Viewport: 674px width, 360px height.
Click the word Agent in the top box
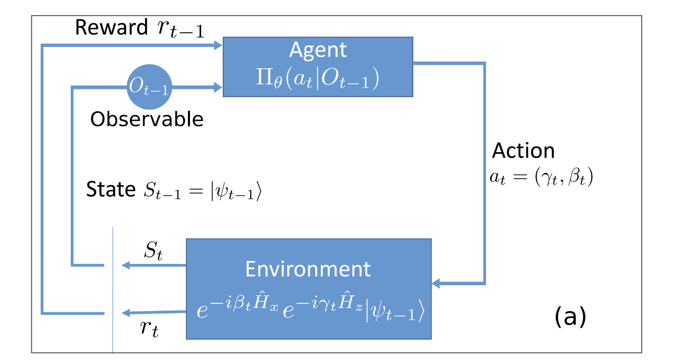tap(318, 50)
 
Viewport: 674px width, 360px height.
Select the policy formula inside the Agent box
tap(317, 78)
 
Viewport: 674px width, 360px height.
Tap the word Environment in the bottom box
tap(308, 269)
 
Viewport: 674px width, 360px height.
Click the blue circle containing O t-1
tap(149, 86)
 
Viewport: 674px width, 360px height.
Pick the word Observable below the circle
tap(147, 119)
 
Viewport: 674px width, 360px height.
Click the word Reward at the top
tap(111, 27)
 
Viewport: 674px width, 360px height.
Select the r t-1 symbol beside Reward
tap(180, 29)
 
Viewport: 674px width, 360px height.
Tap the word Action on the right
tap(523, 151)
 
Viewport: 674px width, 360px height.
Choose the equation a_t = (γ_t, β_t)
tap(541, 177)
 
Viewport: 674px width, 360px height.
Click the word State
tap(111, 189)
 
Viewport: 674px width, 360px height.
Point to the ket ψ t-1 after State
tap(236, 191)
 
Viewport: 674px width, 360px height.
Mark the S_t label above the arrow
tap(153, 250)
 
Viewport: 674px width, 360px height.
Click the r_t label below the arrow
tap(149, 328)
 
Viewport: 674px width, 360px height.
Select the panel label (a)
tap(570, 316)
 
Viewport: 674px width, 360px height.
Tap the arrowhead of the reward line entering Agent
tap(218, 46)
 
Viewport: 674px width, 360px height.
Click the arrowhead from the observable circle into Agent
tap(218, 87)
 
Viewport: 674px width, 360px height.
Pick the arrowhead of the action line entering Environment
tap(436, 283)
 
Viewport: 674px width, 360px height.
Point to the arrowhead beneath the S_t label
tap(126, 265)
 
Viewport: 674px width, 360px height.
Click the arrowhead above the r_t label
tap(126, 313)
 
